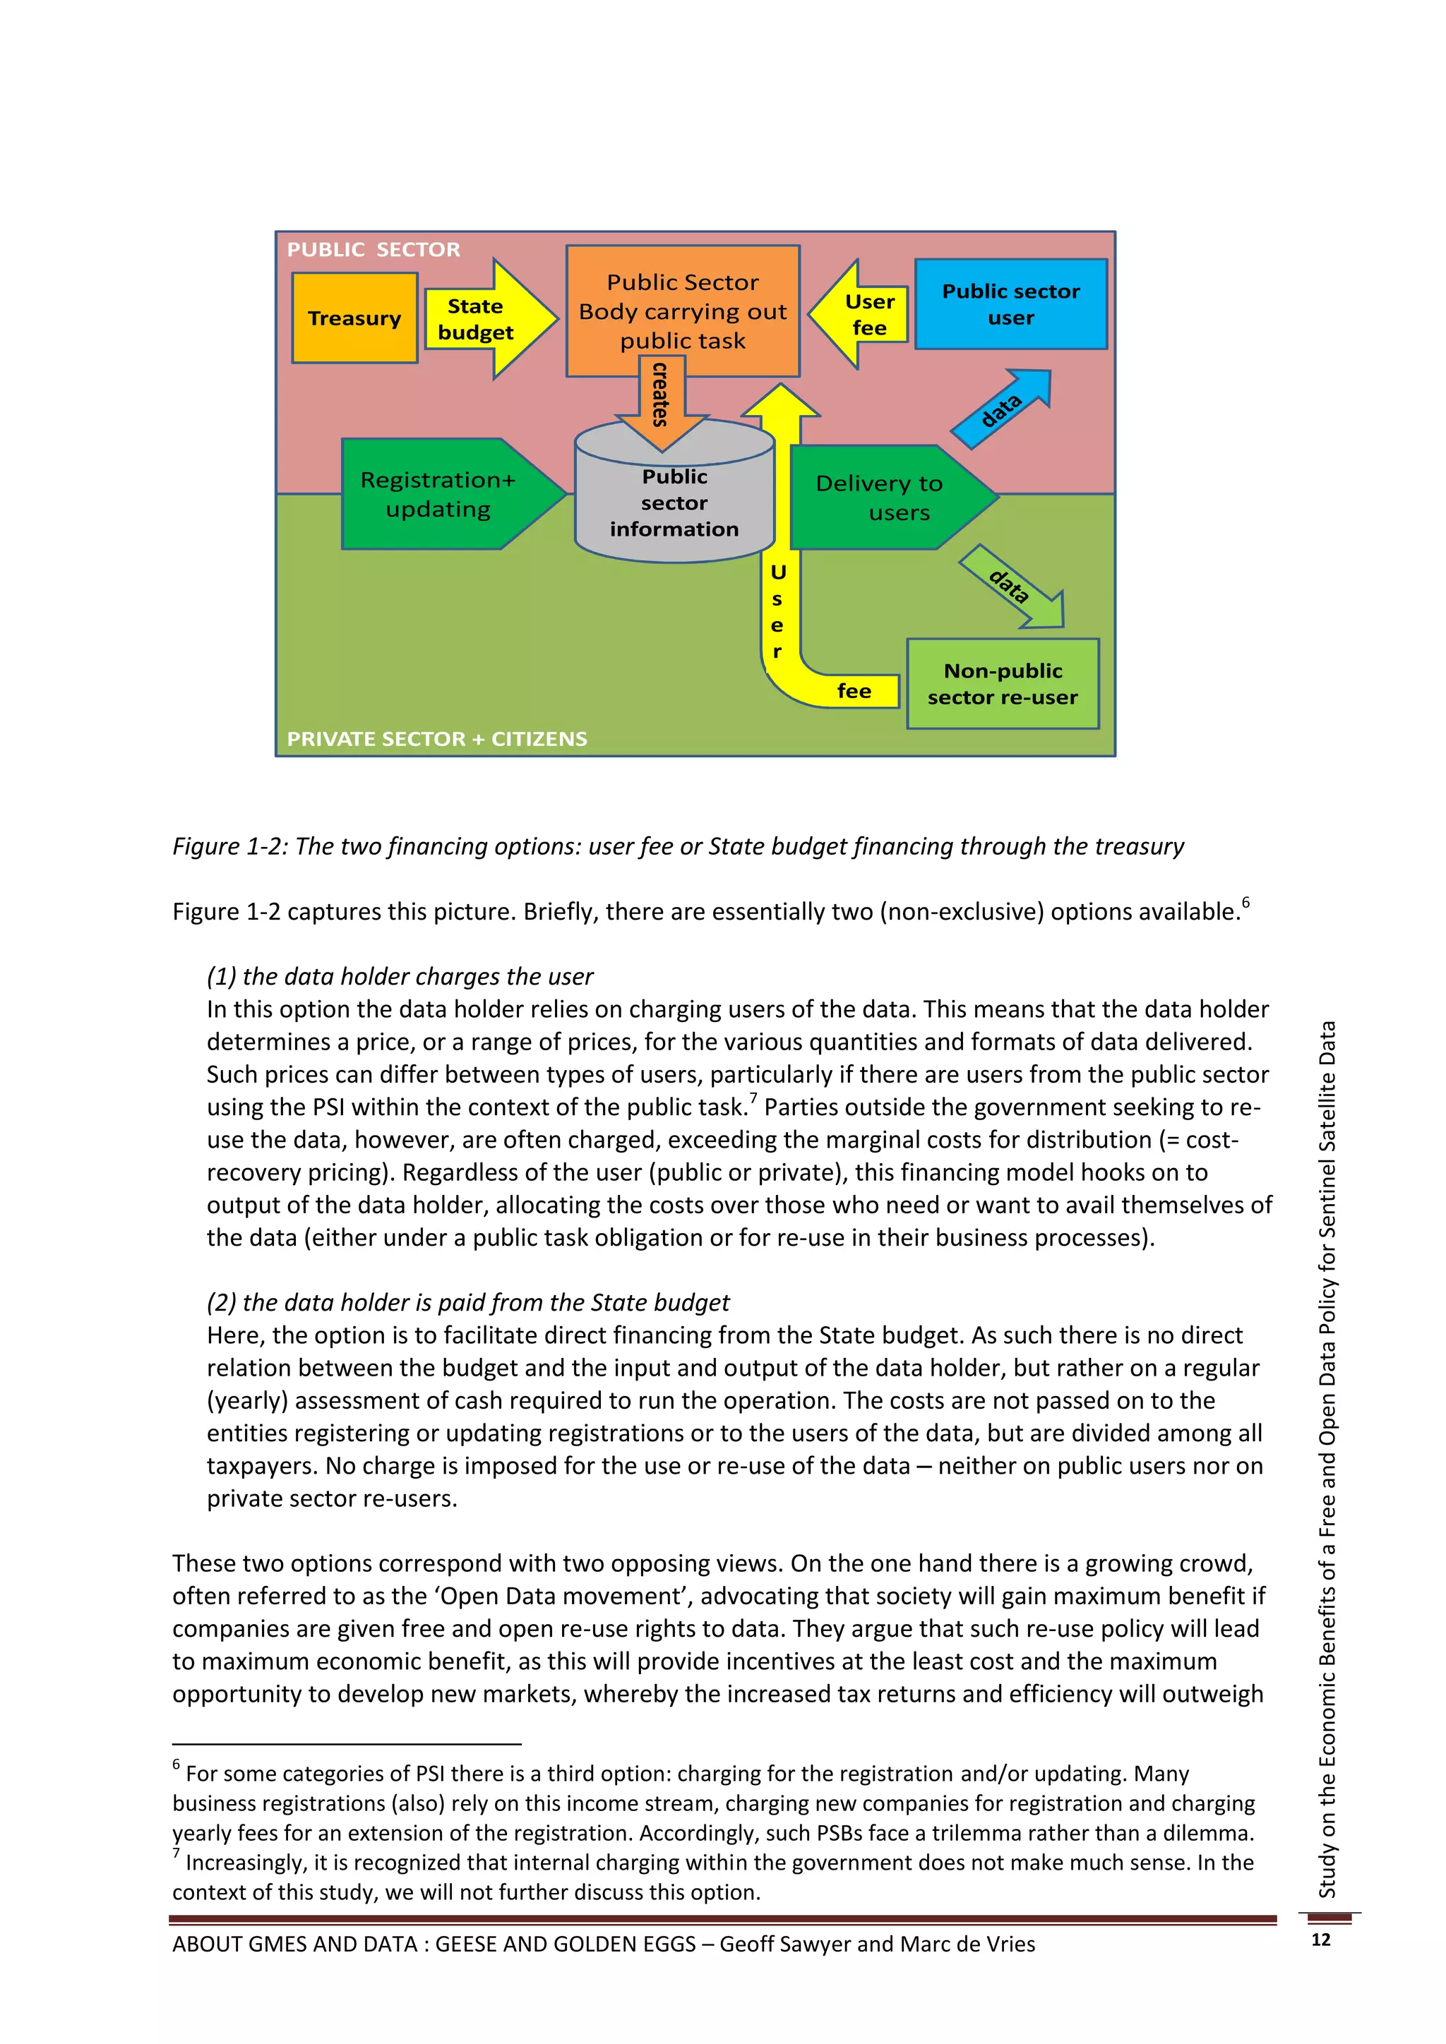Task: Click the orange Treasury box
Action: pyautogui.click(x=354, y=318)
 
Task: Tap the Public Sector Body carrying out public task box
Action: pyautogui.click(x=682, y=311)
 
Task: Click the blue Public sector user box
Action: pyautogui.click(x=1010, y=304)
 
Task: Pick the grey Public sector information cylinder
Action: pyautogui.click(x=674, y=503)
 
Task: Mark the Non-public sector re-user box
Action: pyautogui.click(x=1003, y=684)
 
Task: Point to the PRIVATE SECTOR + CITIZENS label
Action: pyautogui.click(x=436, y=739)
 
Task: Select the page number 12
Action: pyautogui.click(x=1320, y=1940)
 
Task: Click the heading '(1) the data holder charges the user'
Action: pyautogui.click(x=400, y=977)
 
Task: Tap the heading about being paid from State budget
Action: pyautogui.click(x=467, y=1302)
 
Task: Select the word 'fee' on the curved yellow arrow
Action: pyautogui.click(x=854, y=691)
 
